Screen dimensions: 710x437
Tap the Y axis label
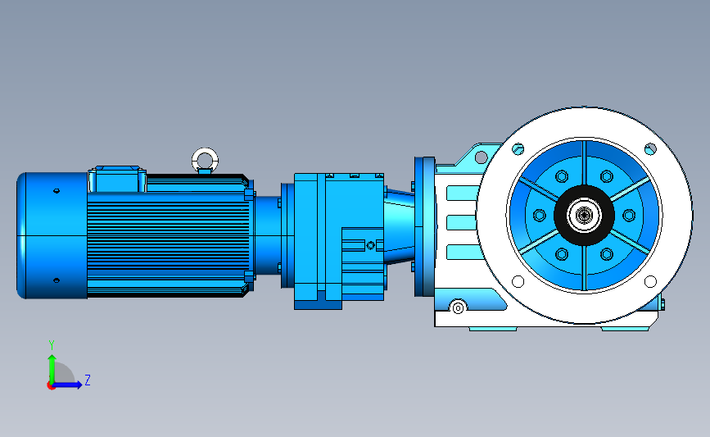(x=52, y=345)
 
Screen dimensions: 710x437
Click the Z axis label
(x=88, y=380)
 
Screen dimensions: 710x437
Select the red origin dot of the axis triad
(x=51, y=385)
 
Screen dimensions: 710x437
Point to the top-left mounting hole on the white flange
(x=518, y=148)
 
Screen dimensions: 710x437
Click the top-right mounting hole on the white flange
(x=650, y=148)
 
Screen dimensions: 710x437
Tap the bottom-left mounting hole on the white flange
(x=518, y=281)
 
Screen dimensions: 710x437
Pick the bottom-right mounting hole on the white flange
(x=650, y=281)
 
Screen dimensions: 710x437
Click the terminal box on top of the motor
(x=117, y=179)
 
